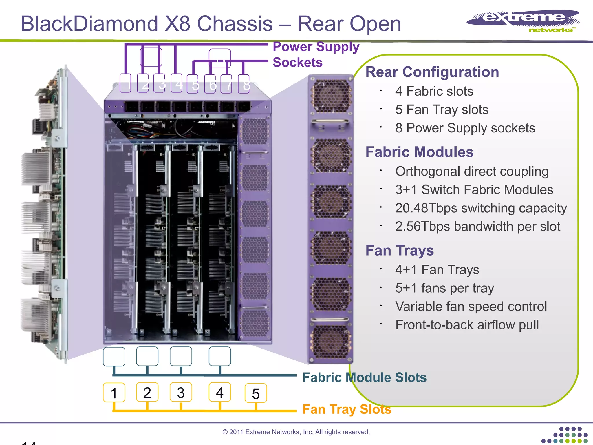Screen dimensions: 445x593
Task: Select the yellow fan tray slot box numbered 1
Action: pos(114,393)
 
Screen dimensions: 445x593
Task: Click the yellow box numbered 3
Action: pos(181,393)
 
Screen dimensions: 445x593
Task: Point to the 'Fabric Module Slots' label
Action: pos(364,377)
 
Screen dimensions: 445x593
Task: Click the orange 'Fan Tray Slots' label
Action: pos(347,409)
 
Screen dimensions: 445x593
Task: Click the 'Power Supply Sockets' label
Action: pos(316,54)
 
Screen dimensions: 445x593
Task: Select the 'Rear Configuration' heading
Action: pos(432,72)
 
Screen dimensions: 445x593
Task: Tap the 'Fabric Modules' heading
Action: pos(419,152)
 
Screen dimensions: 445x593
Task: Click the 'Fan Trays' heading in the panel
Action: pos(399,250)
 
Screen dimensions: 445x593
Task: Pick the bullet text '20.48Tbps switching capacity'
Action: pos(481,208)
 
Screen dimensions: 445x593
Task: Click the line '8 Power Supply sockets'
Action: pos(465,128)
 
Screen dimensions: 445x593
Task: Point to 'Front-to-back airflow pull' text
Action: pos(467,325)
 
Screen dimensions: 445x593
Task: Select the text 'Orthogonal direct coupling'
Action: pos(472,171)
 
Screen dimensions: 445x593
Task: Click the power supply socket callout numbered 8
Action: pos(244,84)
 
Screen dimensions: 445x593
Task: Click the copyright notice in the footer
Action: pos(296,432)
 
